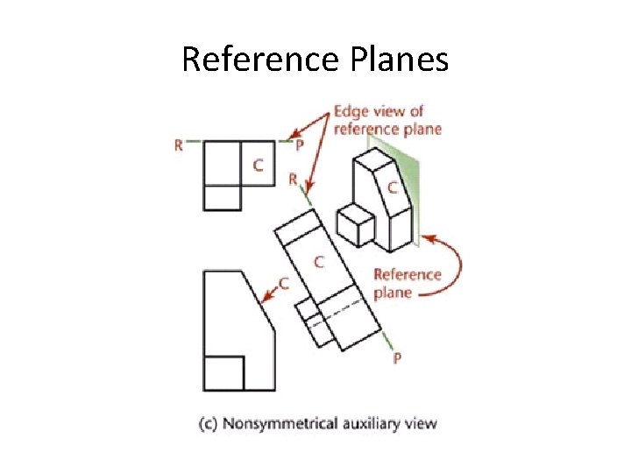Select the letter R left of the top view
click(179, 145)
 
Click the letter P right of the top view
click(300, 145)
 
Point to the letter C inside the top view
click(258, 165)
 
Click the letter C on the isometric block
click(392, 187)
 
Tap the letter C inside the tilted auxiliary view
click(319, 261)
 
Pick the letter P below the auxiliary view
click(397, 359)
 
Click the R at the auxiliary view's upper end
click(294, 180)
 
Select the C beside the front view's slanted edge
click(283, 283)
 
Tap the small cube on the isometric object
click(356, 225)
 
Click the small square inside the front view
click(223, 373)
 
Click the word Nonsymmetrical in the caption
click(273, 424)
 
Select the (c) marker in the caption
click(208, 424)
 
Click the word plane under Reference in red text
click(392, 293)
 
